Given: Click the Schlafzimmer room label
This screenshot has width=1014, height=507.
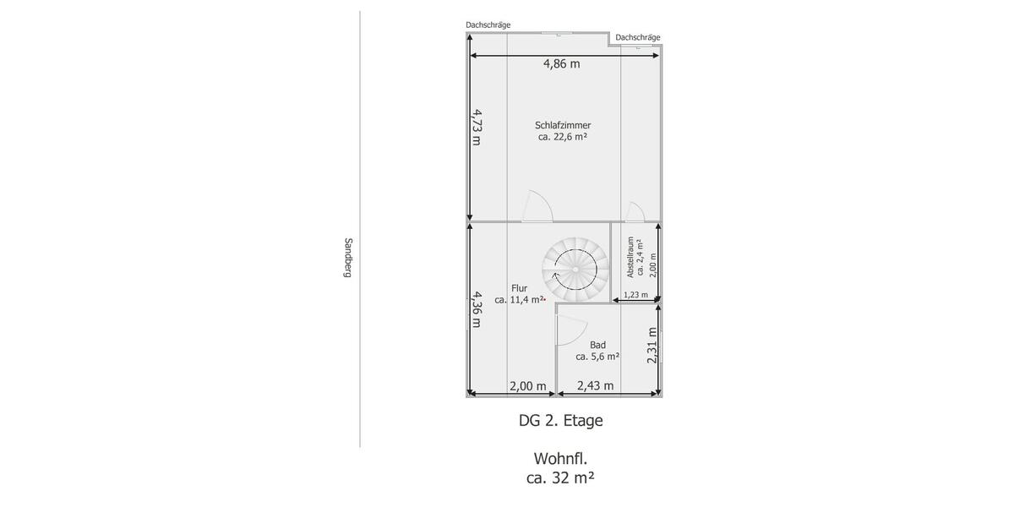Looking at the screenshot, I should click(x=563, y=125).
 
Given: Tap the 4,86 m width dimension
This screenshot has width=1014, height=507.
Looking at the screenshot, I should click(x=562, y=64).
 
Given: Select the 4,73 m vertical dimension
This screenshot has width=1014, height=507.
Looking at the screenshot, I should click(x=477, y=127).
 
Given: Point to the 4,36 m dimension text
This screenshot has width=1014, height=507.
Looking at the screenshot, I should click(x=477, y=309).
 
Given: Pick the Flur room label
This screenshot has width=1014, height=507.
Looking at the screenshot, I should click(x=519, y=288).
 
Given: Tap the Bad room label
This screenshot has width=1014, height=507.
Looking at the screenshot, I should click(x=597, y=345).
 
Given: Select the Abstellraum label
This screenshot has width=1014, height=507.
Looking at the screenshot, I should click(x=630, y=257).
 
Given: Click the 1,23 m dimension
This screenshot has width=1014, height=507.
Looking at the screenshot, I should click(x=635, y=295).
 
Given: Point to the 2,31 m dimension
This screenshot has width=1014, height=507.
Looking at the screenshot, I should click(x=651, y=346).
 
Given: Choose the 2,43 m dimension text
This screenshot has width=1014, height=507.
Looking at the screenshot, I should click(x=596, y=386).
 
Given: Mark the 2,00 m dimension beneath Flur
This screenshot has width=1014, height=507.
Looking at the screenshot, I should click(x=528, y=386).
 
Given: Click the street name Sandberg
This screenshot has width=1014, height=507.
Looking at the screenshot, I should click(x=347, y=258).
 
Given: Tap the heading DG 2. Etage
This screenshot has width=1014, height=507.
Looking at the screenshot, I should click(x=561, y=421).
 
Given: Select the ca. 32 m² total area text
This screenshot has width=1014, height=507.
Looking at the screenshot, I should click(x=560, y=478).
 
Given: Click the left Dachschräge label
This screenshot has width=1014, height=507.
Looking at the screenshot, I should click(x=488, y=25).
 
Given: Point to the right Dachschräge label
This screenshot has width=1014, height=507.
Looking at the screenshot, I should click(x=638, y=37).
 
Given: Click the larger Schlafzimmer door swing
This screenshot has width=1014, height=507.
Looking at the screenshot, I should click(x=537, y=207).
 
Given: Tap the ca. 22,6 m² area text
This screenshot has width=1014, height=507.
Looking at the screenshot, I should click(x=563, y=137).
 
